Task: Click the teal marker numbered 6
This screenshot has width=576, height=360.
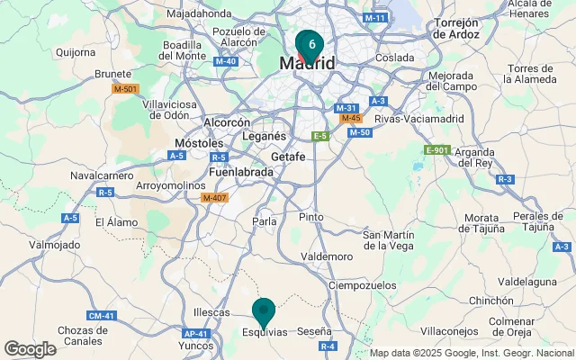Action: [x=310, y=43]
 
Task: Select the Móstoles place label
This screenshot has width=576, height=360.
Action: [x=198, y=143]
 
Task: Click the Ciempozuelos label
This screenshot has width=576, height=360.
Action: [x=363, y=285]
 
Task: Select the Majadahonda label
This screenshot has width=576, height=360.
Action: [x=199, y=14]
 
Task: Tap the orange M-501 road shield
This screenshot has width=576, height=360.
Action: [x=125, y=88]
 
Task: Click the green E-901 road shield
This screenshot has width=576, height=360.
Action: [x=436, y=149]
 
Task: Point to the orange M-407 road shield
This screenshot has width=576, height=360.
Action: [x=214, y=198]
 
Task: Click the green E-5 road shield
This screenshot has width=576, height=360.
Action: [x=319, y=136]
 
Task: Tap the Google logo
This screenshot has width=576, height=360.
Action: [x=30, y=349]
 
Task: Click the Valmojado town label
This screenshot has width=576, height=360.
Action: [x=55, y=244]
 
